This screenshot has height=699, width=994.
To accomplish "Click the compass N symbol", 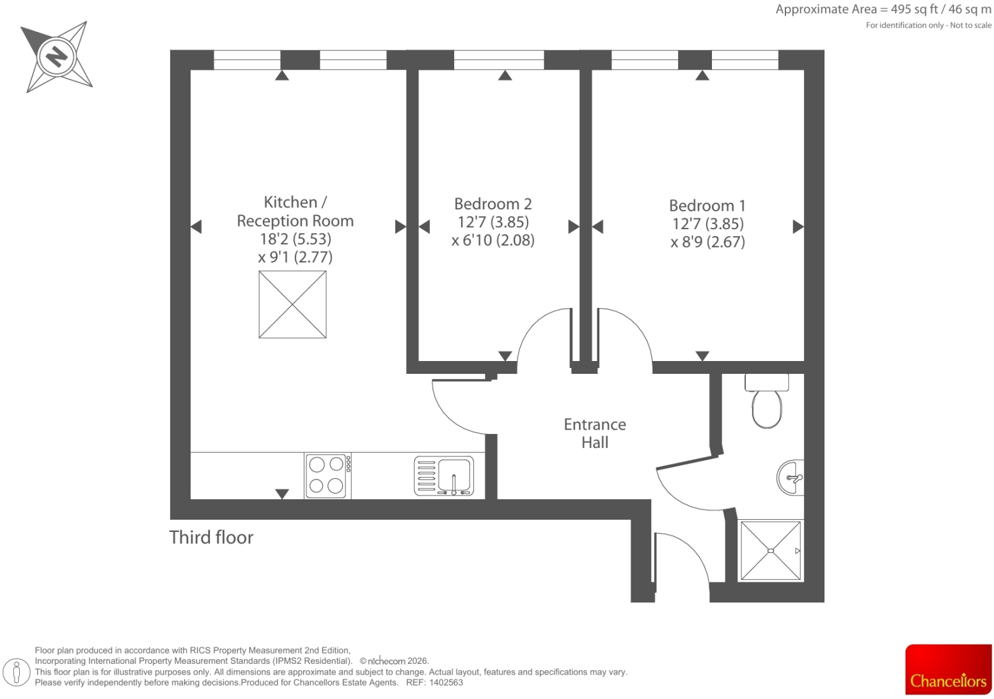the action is click(56, 56).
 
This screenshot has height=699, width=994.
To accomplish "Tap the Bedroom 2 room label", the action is click(493, 204).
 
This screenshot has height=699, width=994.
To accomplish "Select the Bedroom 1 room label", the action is click(707, 205).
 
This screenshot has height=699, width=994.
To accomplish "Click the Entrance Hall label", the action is click(595, 433).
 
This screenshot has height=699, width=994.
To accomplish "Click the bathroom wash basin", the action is click(791, 478).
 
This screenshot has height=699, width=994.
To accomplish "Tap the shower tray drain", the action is click(771, 550).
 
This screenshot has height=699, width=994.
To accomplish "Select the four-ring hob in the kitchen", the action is click(327, 476).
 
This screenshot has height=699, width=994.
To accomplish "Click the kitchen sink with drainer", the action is click(444, 476).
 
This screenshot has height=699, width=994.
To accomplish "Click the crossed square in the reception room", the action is click(292, 305).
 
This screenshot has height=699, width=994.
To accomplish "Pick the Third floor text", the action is click(211, 537).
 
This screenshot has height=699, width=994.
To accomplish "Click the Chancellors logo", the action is click(949, 670).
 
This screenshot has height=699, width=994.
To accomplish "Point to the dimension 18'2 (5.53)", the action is click(296, 239).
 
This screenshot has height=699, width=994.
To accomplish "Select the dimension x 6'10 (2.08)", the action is click(493, 240).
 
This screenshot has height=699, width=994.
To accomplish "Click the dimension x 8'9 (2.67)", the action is click(707, 242).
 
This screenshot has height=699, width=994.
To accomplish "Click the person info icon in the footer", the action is click(17, 672).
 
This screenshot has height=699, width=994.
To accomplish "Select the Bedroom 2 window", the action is click(499, 60).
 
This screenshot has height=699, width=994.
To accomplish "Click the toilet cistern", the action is click(767, 382).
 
